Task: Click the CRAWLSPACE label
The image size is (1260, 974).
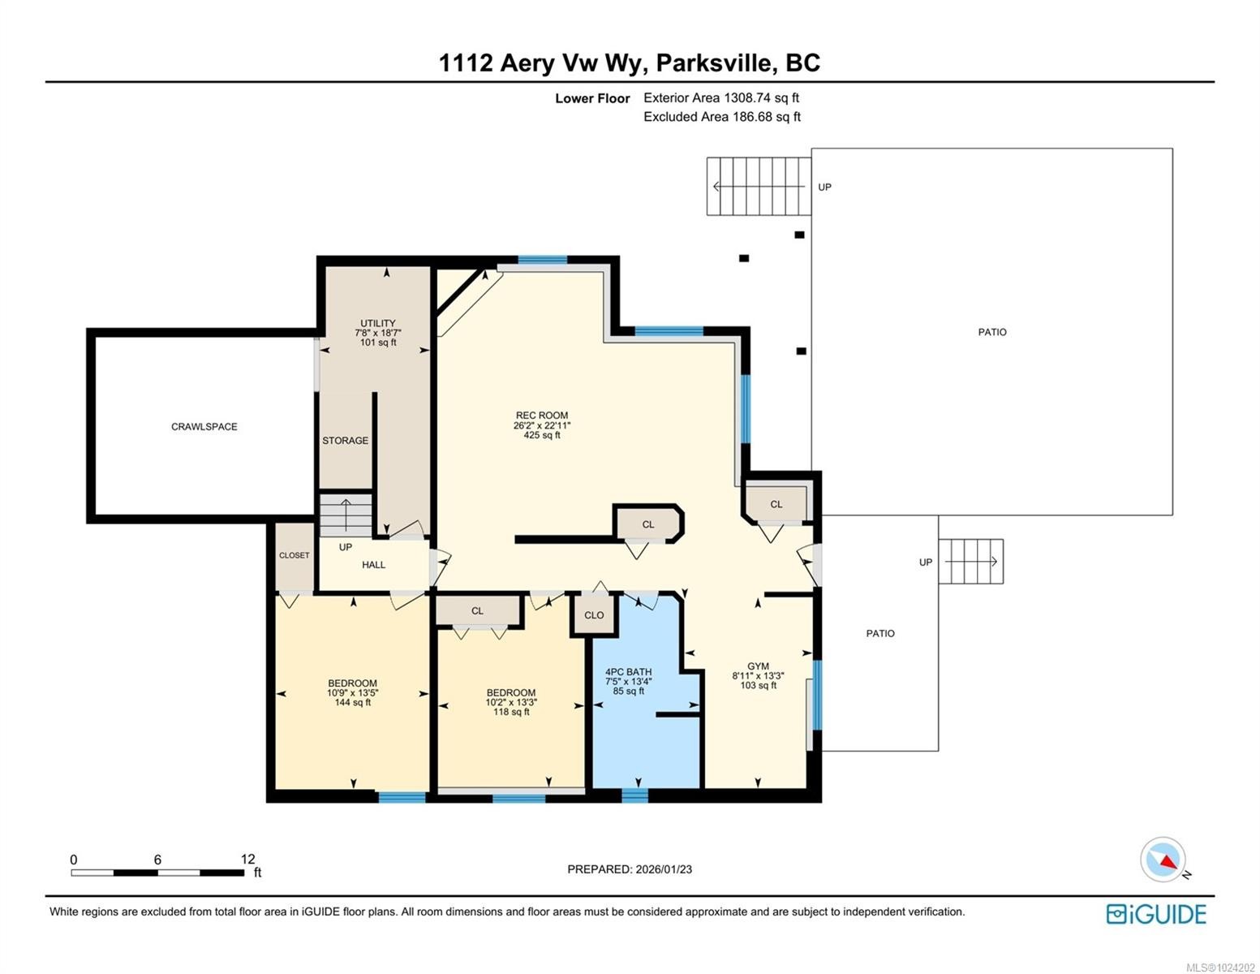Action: click(204, 427)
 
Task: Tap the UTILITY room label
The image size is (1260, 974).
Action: click(378, 324)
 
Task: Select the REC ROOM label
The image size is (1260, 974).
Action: click(541, 416)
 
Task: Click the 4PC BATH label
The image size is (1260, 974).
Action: click(628, 672)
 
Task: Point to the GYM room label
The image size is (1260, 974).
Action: click(758, 666)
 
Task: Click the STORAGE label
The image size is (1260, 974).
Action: click(345, 441)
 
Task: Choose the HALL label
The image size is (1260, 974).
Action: click(373, 565)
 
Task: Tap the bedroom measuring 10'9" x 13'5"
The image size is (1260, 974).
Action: click(352, 692)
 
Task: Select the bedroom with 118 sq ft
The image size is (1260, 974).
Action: click(510, 702)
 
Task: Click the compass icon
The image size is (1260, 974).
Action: click(1163, 860)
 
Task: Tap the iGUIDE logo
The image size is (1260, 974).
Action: click(1156, 914)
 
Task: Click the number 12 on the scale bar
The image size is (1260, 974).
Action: click(247, 859)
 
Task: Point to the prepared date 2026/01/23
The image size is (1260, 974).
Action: click(629, 869)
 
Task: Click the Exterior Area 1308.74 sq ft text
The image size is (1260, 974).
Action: click(720, 97)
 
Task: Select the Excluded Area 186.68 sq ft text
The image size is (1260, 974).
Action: click(721, 117)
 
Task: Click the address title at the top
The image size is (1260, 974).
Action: click(629, 62)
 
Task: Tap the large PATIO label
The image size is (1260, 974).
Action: click(991, 332)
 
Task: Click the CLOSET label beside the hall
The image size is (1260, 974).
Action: click(294, 556)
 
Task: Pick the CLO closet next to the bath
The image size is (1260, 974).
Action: click(594, 615)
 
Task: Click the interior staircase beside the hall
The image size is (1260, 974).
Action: click(346, 515)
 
